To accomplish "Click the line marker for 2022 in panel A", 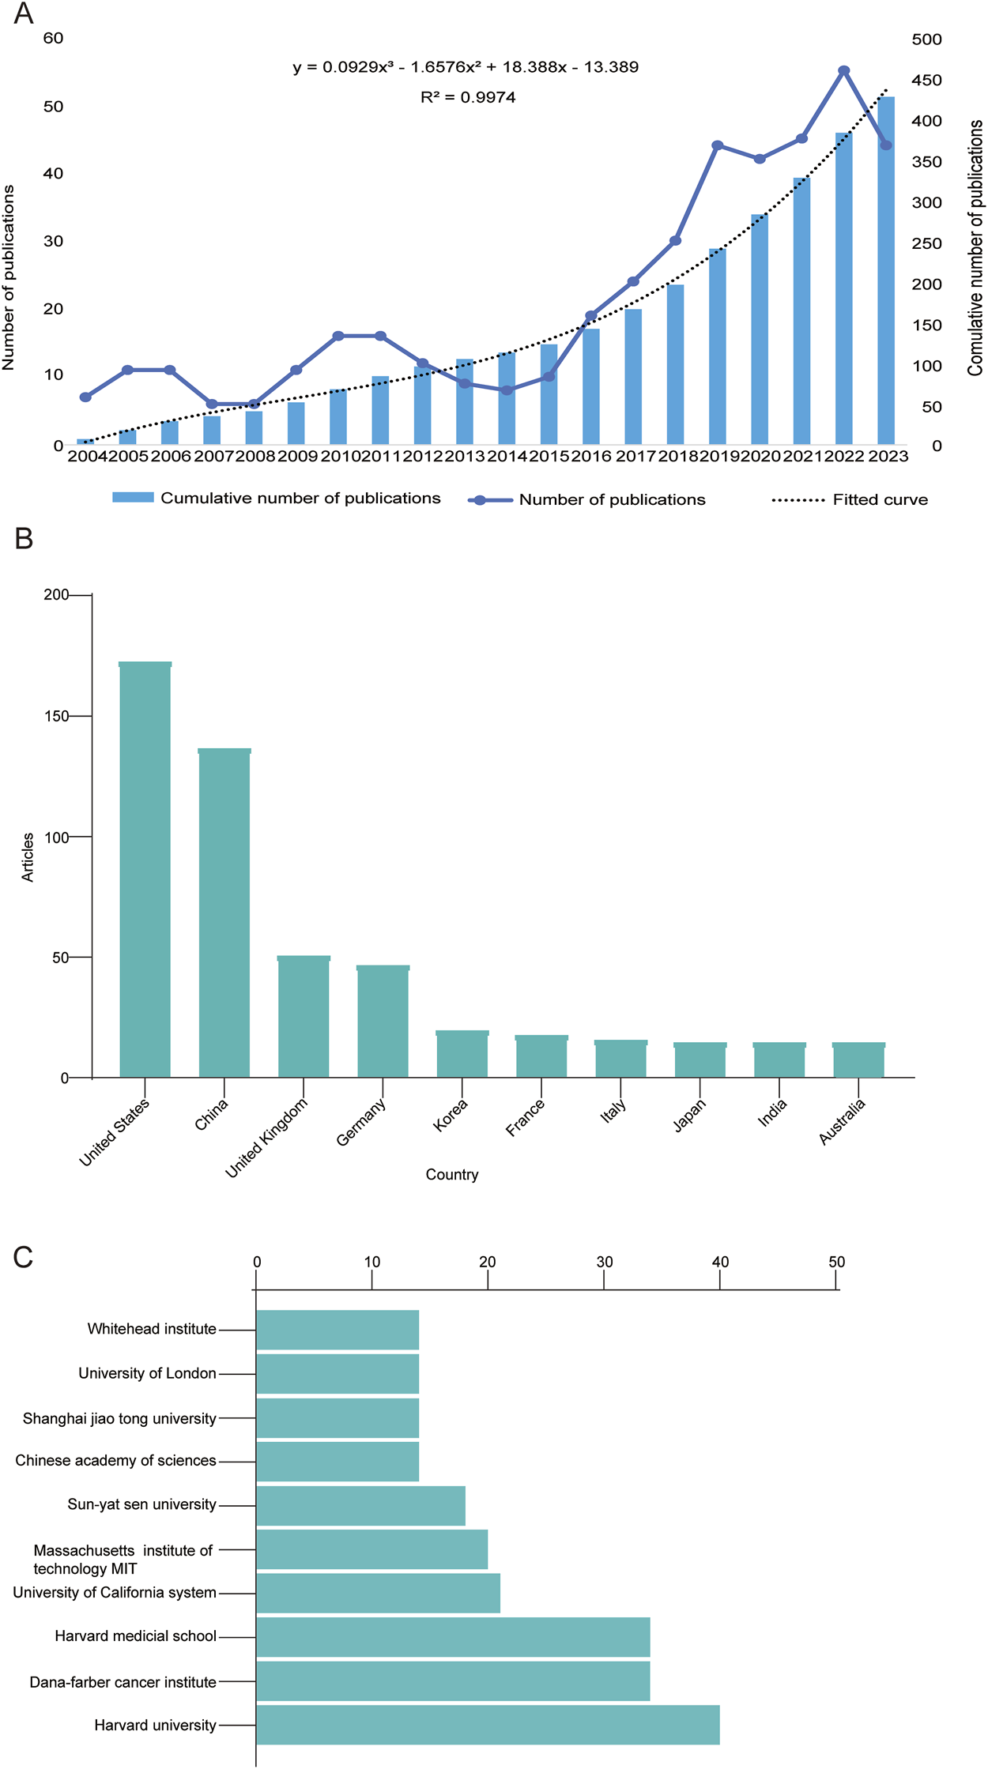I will click(x=844, y=71).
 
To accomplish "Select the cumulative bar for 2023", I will click(x=886, y=269).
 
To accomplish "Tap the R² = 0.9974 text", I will click(x=468, y=97).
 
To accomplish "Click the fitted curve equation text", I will click(x=466, y=67).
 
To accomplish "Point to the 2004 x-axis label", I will click(x=87, y=456).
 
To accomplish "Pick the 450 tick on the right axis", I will click(x=926, y=80).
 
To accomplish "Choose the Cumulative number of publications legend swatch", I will click(x=133, y=498).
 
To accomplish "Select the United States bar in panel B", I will click(x=145, y=869).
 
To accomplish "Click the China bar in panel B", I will click(x=224, y=913).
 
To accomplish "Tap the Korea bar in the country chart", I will click(x=462, y=1054).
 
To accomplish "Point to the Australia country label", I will click(x=843, y=1121).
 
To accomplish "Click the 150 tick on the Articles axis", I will click(x=57, y=716).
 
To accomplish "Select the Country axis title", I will click(x=452, y=1174).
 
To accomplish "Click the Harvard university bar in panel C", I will click(x=488, y=1725).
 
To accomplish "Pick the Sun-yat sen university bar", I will click(x=360, y=1505).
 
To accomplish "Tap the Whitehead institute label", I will click(x=152, y=1329).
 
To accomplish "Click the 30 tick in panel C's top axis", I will click(x=605, y=1262).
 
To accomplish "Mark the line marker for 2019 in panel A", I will click(x=718, y=145).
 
